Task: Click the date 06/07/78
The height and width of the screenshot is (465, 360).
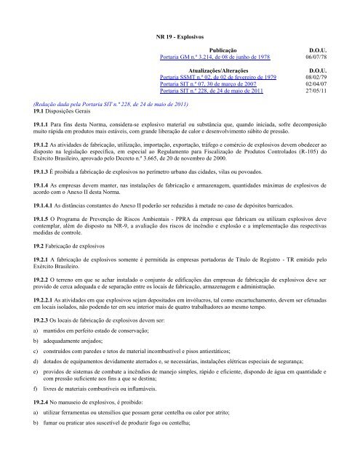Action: (x=323, y=56)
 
